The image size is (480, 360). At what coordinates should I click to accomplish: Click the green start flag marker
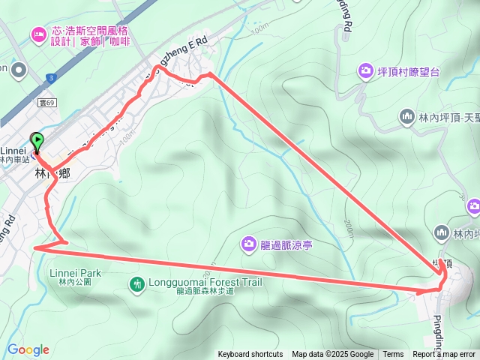coord(37,140)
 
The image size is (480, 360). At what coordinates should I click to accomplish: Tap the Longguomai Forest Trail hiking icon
coord(136,283)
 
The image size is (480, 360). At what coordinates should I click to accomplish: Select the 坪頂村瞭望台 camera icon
coord(365,70)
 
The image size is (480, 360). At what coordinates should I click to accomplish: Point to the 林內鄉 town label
coord(52,173)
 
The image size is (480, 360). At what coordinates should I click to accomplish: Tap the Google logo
coord(28,349)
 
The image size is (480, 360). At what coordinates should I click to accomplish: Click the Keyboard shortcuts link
coord(250,355)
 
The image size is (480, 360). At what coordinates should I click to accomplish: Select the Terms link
coord(393,355)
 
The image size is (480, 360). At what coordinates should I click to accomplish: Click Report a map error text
coord(444,355)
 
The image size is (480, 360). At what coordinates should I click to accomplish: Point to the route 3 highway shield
coord(49,77)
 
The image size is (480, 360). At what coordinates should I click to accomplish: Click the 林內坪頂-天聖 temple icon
coord(407,116)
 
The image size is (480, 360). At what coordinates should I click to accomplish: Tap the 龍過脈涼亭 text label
coord(286,244)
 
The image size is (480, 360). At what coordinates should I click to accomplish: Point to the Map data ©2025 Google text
coord(332,355)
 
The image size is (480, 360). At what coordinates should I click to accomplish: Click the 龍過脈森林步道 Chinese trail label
coord(205,292)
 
